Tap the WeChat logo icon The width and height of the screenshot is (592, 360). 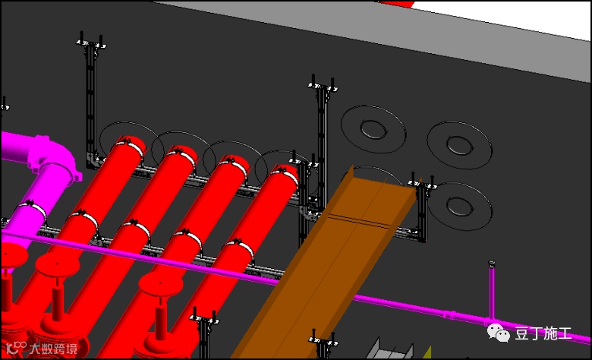pyautogui.click(x=498, y=333)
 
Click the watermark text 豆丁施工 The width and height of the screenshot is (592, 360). pyautogui.click(x=543, y=333)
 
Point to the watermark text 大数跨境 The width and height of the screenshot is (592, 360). pyautogui.click(x=54, y=349)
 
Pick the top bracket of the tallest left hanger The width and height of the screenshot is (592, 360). pyautogui.click(x=91, y=43)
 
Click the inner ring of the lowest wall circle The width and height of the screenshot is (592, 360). pyautogui.click(x=460, y=206)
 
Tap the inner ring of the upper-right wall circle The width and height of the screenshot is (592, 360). pyautogui.click(x=460, y=144)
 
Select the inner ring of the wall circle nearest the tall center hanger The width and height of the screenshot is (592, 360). pyautogui.click(x=373, y=129)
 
